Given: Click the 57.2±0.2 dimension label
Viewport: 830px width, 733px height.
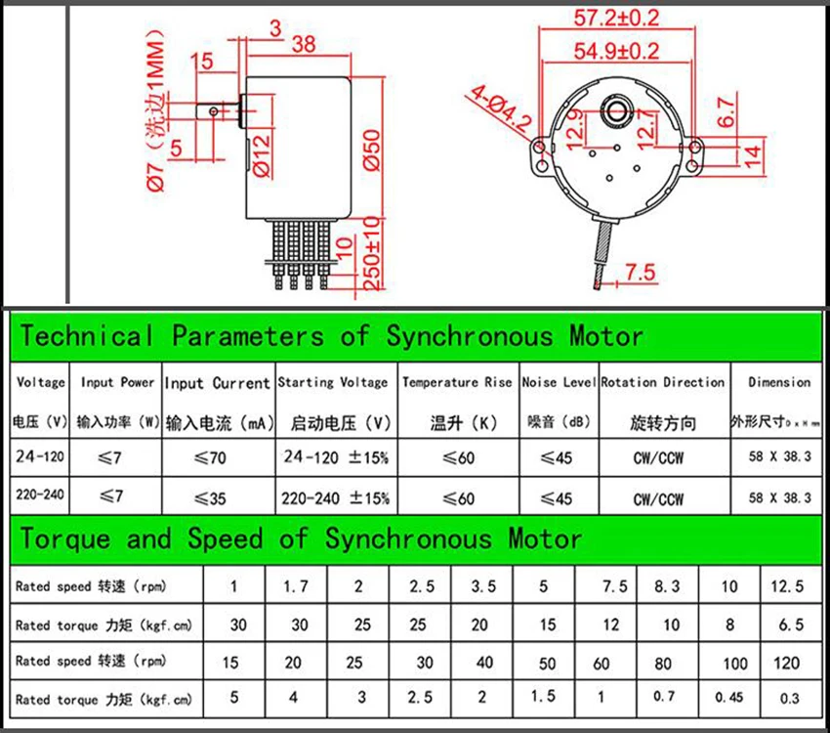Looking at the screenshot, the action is tap(617, 18).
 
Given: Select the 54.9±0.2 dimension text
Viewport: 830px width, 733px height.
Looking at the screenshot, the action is tap(617, 51).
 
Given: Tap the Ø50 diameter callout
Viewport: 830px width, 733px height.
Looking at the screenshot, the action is tap(373, 150).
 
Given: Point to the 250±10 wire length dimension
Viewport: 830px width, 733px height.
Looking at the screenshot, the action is tap(373, 253).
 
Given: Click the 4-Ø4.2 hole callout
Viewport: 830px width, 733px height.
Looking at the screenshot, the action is tap(500, 108).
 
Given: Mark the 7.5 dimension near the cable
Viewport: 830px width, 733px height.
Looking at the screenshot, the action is tap(641, 273).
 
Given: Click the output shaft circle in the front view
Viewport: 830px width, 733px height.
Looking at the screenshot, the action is tap(616, 111).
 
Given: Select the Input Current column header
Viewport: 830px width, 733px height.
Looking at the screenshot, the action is tap(218, 383).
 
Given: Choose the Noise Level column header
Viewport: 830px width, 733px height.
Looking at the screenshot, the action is tap(559, 382).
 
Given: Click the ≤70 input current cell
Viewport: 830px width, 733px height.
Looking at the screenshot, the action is tap(210, 457).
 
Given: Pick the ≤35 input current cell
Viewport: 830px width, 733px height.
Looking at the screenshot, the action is tap(210, 498).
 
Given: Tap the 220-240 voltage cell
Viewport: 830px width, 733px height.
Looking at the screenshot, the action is tap(40, 495).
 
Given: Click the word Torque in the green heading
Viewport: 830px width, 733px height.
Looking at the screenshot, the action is tap(65, 539).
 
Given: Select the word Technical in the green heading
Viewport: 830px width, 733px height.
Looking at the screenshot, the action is tap(87, 336).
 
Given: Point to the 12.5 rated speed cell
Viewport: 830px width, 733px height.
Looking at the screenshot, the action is tap(787, 586).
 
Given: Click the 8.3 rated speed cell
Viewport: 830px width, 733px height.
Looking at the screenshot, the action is tap(667, 586).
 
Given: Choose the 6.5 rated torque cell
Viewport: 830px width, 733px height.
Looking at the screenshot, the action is tap(791, 625).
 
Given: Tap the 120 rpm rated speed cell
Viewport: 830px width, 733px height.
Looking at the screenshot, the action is tap(786, 663).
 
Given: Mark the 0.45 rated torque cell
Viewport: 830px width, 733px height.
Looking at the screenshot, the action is tap(728, 698).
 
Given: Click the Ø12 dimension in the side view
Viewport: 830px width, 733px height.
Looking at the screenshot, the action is tap(262, 154).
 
